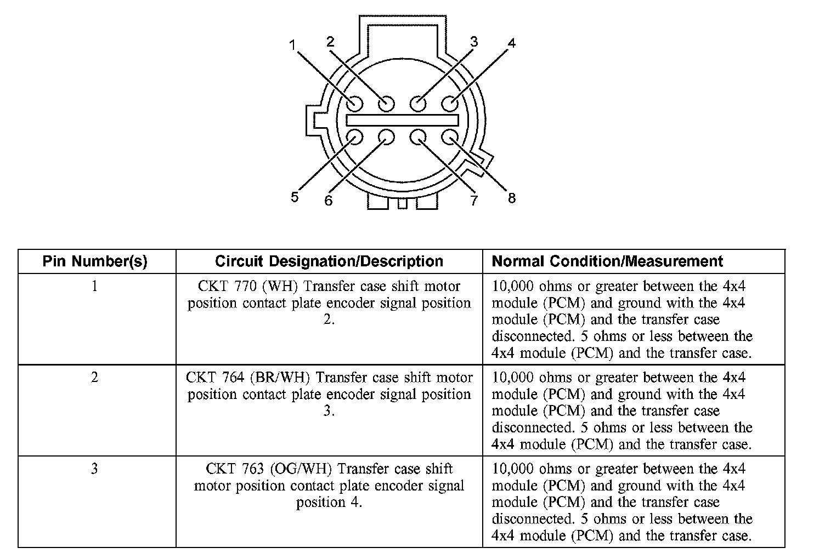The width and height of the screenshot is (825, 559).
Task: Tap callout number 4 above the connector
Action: coord(511,43)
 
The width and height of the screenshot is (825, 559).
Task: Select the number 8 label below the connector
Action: coord(511,198)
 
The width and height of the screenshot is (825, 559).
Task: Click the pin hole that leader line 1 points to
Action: coord(354,103)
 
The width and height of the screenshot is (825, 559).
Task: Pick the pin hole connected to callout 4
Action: coord(450,103)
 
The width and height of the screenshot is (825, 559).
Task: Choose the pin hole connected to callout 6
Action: coord(386,137)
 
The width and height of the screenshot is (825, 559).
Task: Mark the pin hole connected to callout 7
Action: coord(418,137)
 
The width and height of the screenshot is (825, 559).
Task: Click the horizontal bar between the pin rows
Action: coord(402,120)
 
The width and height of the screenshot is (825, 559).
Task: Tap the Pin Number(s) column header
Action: coord(95,261)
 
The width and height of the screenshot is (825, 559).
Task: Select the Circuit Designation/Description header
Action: coord(329,261)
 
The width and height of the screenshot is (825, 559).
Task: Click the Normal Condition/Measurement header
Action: coord(607,261)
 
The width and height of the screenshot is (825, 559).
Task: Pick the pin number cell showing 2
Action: coord(95,378)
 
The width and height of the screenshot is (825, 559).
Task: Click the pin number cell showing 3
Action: coord(95,469)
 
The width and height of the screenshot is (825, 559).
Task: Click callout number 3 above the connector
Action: coord(474,42)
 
